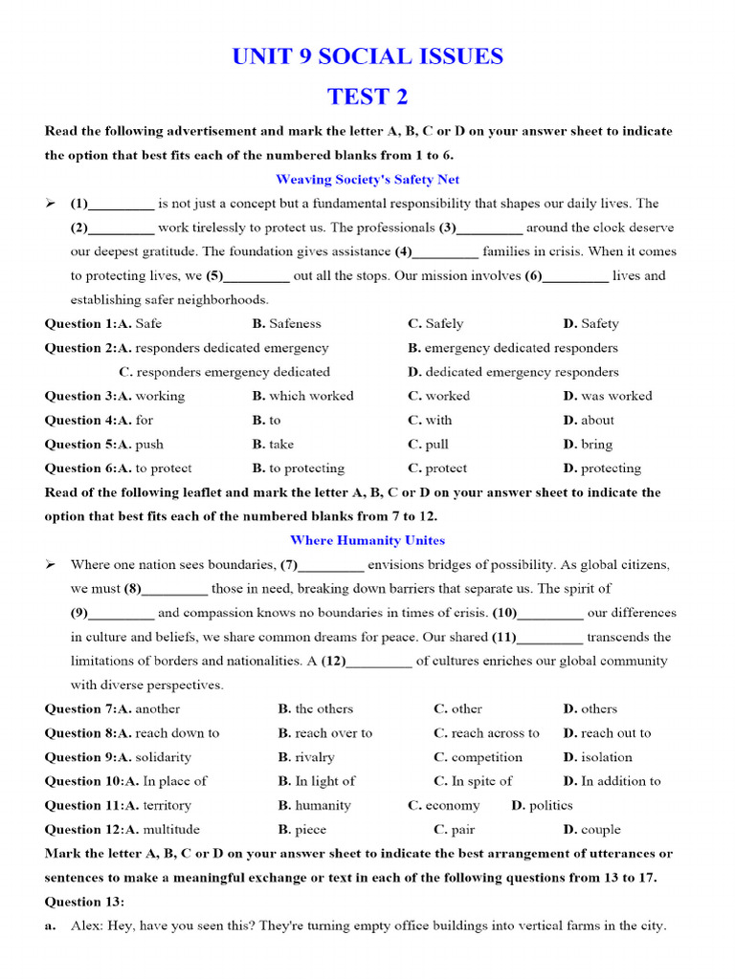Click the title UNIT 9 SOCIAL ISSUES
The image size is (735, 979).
click(x=367, y=56)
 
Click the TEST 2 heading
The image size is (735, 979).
click(x=367, y=97)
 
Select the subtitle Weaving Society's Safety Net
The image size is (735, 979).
click(x=367, y=179)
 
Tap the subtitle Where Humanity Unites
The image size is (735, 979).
click(x=367, y=540)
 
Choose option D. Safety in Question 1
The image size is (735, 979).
click(x=590, y=324)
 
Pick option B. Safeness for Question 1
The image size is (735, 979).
click(x=286, y=324)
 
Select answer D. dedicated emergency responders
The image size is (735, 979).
click(x=513, y=372)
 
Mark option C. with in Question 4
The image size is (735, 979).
click(x=430, y=420)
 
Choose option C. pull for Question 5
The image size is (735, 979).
click(x=428, y=445)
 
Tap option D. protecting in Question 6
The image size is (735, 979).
click(x=602, y=468)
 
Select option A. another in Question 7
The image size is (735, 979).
click(x=148, y=708)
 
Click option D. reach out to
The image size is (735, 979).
click(x=607, y=733)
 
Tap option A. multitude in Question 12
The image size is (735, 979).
click(x=158, y=829)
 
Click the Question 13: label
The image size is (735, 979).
click(x=84, y=902)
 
